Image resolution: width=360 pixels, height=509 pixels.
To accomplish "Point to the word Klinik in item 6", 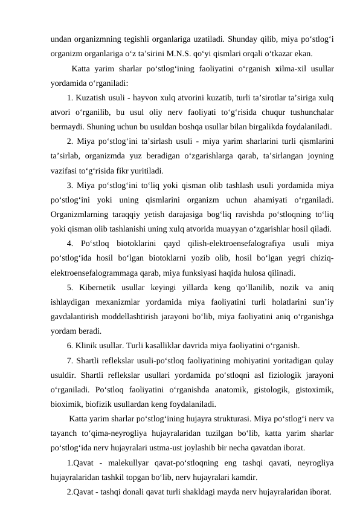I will [x=88, y=346].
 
